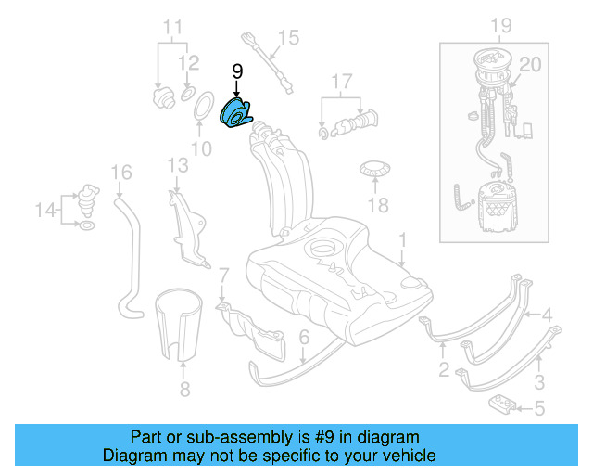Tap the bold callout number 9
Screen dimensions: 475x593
pos(236,71)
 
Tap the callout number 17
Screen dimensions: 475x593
pos(342,82)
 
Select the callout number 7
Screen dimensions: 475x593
pos(223,275)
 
